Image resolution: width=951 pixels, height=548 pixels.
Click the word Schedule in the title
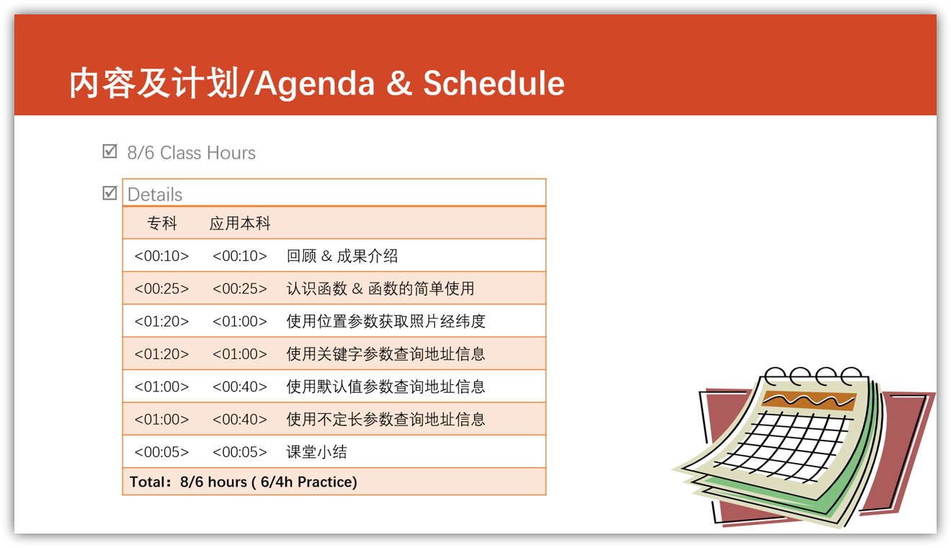pyautogui.click(x=494, y=83)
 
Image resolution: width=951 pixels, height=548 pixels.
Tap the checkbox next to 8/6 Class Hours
pyautogui.click(x=110, y=151)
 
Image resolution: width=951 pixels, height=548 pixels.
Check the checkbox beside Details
pyautogui.click(x=110, y=193)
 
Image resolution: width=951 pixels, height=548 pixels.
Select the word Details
pyautogui.click(x=154, y=195)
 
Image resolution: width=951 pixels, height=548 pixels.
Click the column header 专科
pyautogui.click(x=162, y=223)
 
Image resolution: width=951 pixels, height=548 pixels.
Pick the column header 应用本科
pyautogui.click(x=240, y=223)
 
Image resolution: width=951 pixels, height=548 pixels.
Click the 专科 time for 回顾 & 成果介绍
pyautogui.click(x=162, y=256)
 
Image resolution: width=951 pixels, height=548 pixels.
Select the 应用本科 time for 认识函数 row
pyautogui.click(x=240, y=288)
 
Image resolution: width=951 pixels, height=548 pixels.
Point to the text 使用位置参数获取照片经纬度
pyautogui.click(x=386, y=321)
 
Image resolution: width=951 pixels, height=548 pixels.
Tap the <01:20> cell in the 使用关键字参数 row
pyautogui.click(x=162, y=354)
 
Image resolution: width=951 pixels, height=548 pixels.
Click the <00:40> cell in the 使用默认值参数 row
pyautogui.click(x=240, y=386)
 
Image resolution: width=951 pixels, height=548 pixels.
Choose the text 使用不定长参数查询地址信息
pyautogui.click(x=386, y=419)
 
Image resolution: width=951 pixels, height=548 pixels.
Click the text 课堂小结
pyautogui.click(x=317, y=451)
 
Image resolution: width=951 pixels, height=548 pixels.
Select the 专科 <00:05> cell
pyautogui.click(x=162, y=451)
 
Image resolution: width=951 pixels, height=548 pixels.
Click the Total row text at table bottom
pyautogui.click(x=244, y=482)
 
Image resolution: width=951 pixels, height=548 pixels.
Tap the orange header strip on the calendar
pyautogui.click(x=809, y=401)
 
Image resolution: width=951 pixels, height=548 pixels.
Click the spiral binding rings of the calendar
pyautogui.click(x=813, y=376)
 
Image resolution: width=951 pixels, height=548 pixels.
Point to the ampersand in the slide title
pyautogui.click(x=399, y=83)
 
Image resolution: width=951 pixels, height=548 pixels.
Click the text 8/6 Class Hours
pyautogui.click(x=192, y=153)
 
